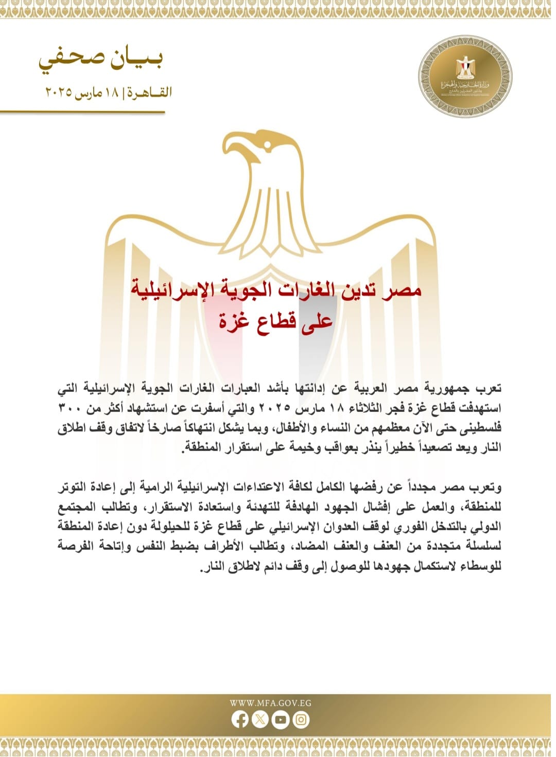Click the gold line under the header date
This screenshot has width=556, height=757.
point(82,112)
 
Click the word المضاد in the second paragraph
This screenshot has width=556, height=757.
point(309,546)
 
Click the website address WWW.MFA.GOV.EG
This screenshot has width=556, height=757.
point(270,703)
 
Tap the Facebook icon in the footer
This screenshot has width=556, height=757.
point(240,719)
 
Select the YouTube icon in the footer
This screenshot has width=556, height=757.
point(281,719)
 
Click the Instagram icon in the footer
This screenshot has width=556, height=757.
point(301,719)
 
